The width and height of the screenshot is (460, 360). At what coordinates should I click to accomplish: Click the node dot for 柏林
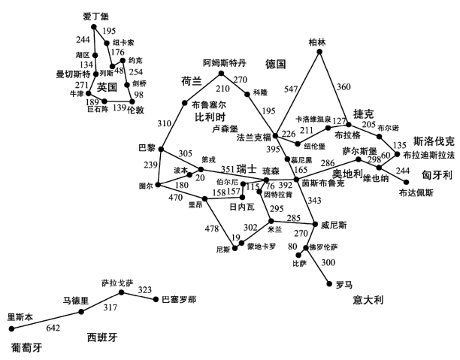pyautogui.click(x=322, y=53)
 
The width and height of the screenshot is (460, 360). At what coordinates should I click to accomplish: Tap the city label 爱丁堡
pyautogui.click(x=95, y=14)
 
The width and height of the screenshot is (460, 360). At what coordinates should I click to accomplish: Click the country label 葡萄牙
pyautogui.click(x=26, y=348)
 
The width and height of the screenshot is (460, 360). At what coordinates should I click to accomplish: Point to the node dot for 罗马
pyautogui.click(x=329, y=283)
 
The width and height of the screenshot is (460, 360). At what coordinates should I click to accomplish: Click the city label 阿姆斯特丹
pyautogui.click(x=225, y=62)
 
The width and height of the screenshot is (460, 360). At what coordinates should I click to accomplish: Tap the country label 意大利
pyautogui.click(x=368, y=301)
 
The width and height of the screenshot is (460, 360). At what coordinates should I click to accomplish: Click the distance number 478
pyautogui.click(x=213, y=229)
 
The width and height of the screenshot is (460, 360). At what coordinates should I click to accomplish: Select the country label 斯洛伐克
pyautogui.click(x=434, y=141)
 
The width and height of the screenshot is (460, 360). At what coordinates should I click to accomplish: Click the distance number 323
pyautogui.click(x=145, y=289)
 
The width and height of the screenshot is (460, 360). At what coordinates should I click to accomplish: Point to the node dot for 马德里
pyautogui.click(x=81, y=310)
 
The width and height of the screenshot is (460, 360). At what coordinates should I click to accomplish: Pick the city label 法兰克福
pyautogui.click(x=255, y=138)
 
